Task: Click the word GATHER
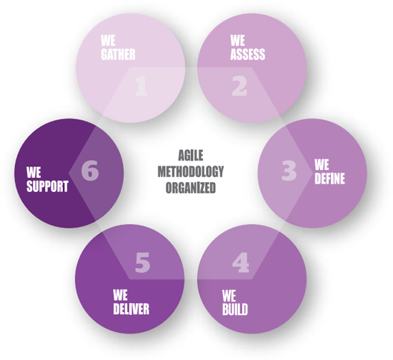(x=118, y=54)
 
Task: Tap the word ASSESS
(x=248, y=54)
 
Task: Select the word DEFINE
(x=329, y=179)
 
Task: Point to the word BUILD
(x=235, y=309)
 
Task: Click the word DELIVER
(x=131, y=309)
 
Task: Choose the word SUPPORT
(x=47, y=186)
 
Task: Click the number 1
(x=141, y=86)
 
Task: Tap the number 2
(x=239, y=86)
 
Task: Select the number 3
(x=289, y=171)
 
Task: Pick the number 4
(x=241, y=263)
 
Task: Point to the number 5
(x=143, y=263)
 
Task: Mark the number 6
(x=90, y=170)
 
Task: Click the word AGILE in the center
(x=191, y=155)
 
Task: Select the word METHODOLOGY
(x=191, y=171)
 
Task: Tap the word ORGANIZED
(x=191, y=188)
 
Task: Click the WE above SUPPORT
(x=34, y=172)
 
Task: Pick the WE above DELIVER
(x=120, y=295)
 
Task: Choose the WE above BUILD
(x=229, y=296)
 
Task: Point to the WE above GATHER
(x=108, y=40)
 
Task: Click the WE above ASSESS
(x=238, y=40)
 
